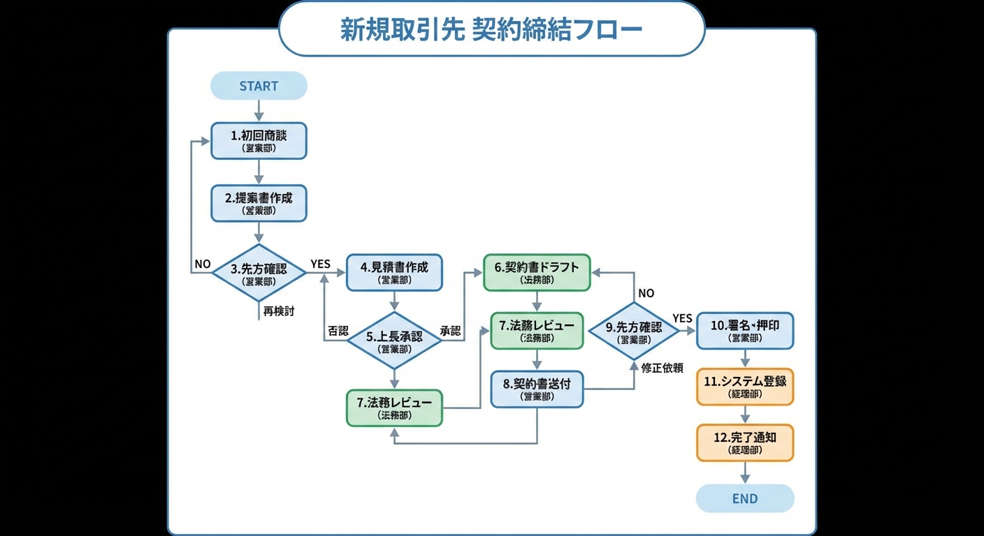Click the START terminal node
pos(259,86)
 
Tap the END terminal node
pos(745,498)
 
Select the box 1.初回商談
pos(259,141)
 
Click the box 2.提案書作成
pos(259,203)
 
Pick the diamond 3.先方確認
pos(259,274)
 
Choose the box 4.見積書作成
pos(394,272)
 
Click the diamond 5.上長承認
pos(394,341)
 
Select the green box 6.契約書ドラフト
pos(537,272)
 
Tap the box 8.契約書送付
pos(537,389)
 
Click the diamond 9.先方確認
pos(634,332)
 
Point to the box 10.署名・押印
pos(745,331)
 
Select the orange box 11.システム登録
pos(745,387)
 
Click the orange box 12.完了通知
pos(745,442)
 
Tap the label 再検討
pos(279,311)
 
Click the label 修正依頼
pos(662,368)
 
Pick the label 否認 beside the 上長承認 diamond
pos(338,331)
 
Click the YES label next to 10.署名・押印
pos(682,318)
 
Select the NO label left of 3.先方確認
pos(203,264)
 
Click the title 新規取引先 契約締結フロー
pos(491,29)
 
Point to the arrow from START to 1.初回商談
pos(259,111)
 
